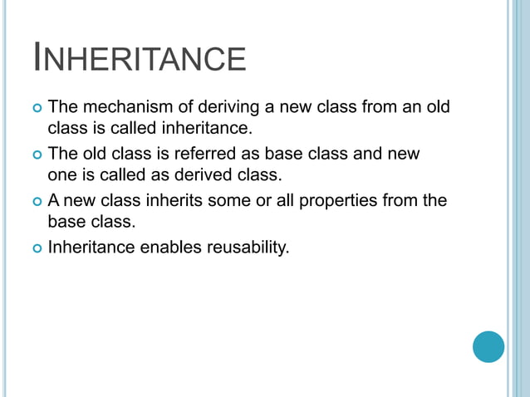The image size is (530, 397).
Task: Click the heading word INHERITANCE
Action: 140,59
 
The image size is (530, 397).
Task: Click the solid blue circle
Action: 488,346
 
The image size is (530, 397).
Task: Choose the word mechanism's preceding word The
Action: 62,107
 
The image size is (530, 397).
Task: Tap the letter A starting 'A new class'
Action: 54,200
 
